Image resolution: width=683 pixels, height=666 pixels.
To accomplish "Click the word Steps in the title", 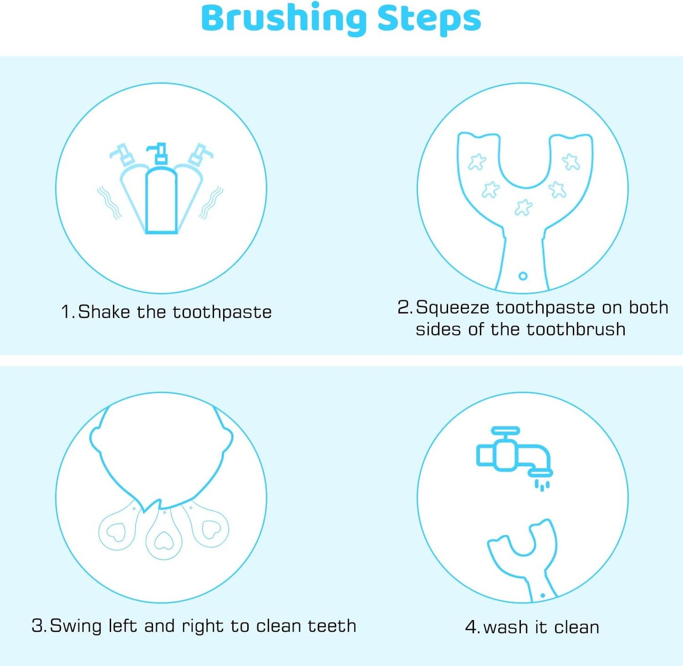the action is coord(429,20).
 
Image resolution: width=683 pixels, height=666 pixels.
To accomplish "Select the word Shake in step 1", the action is coord(104,311).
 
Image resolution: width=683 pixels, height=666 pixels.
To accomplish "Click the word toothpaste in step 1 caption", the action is coord(222,312).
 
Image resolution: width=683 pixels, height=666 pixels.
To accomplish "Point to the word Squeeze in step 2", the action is coord(453,307).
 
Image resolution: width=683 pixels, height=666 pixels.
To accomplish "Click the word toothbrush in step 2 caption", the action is coord(576,329).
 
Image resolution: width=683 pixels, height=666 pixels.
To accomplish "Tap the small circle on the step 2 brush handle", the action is coord(523,276).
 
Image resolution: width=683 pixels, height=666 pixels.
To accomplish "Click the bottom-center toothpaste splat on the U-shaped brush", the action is coord(523,207).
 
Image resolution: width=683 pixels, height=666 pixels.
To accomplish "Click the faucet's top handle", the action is coord(505,430).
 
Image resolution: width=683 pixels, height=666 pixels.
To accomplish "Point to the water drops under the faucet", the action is coord(542,486).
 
